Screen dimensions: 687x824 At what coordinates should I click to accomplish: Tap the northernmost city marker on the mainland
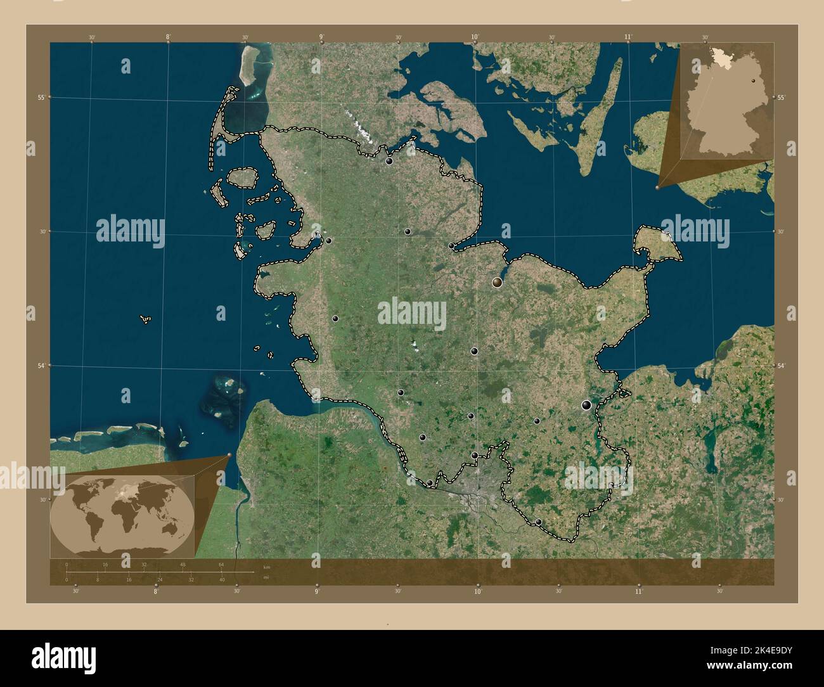click(x=389, y=161)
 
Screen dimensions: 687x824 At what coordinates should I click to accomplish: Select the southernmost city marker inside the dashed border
click(x=539, y=522)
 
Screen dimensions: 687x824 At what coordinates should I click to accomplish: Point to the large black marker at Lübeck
click(x=587, y=405)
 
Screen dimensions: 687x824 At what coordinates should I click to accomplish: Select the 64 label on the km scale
click(x=221, y=564)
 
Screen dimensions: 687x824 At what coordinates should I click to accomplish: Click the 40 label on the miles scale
click(x=222, y=579)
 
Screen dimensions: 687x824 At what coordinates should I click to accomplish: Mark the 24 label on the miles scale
click(x=160, y=579)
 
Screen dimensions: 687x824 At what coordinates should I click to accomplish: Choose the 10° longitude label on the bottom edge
click(x=477, y=591)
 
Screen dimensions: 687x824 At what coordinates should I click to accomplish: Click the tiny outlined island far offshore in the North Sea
click(x=146, y=319)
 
